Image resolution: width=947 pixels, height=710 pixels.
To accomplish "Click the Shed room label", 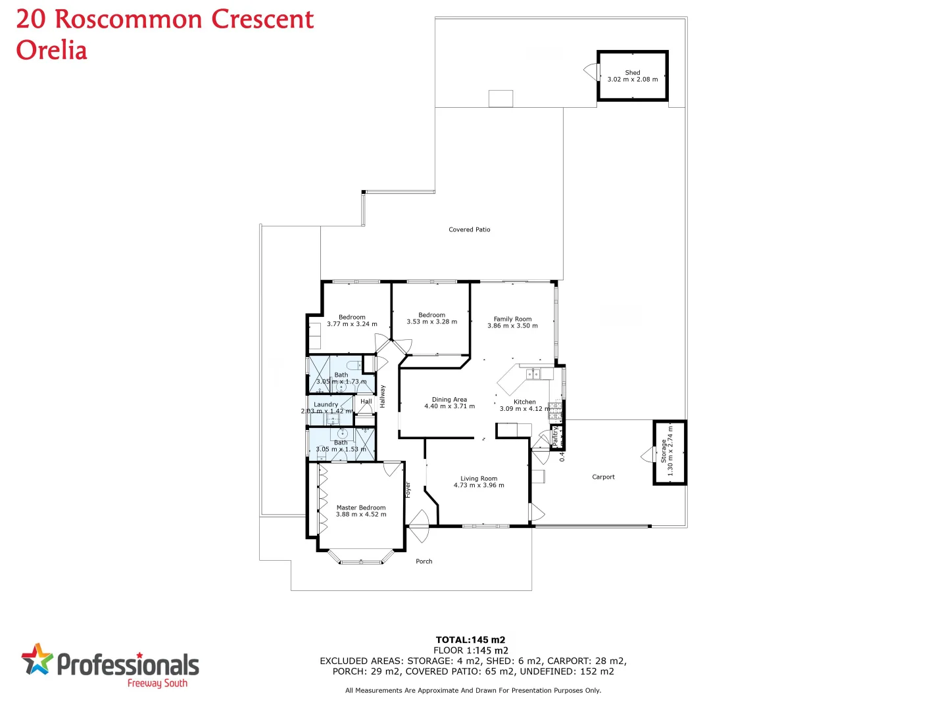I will (x=632, y=72).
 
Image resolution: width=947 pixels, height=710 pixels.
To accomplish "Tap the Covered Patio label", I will (x=469, y=229).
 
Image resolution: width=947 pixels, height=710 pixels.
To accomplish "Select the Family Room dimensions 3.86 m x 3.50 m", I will (x=512, y=326).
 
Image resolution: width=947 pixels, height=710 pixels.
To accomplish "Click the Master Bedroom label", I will (x=361, y=508).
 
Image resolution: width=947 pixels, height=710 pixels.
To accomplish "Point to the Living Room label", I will (x=479, y=479).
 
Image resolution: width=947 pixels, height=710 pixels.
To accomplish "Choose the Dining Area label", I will (x=449, y=399).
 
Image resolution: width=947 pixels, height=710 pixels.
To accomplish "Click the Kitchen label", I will (x=524, y=402).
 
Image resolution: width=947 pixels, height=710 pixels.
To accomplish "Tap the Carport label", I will (x=603, y=477).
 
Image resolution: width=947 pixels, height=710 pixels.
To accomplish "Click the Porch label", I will (x=424, y=561).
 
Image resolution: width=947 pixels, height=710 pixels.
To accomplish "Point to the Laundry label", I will (x=326, y=404).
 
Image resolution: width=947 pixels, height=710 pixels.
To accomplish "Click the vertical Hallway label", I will (x=383, y=396).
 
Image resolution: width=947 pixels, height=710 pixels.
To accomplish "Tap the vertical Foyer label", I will (x=408, y=490).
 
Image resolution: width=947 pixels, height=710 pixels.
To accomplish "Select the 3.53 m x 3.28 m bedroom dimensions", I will (x=431, y=322).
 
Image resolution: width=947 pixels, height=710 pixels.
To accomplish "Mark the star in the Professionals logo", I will (x=37, y=659).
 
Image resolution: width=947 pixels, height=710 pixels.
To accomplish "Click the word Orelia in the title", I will (x=51, y=51).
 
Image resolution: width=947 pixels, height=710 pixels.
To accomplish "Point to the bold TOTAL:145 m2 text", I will (x=470, y=640).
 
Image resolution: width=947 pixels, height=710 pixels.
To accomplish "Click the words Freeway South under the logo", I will (x=157, y=684).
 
